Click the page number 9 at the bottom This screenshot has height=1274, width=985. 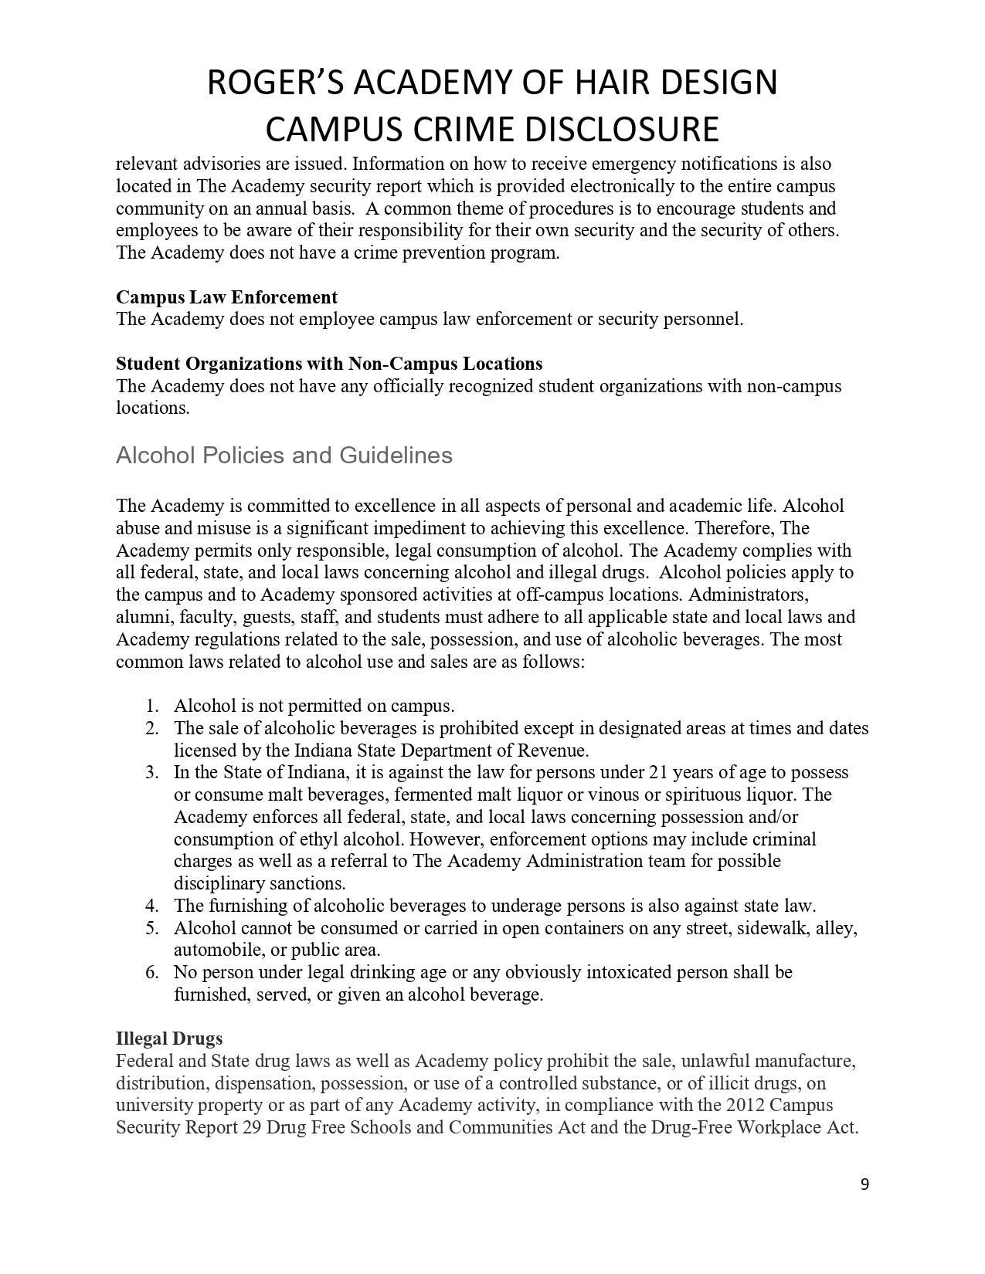[x=864, y=1184]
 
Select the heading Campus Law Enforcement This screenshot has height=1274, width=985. [x=226, y=297]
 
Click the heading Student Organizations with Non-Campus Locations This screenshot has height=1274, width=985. [x=329, y=364]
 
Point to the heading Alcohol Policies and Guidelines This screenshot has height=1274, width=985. [x=284, y=456]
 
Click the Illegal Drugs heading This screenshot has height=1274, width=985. [x=169, y=1039]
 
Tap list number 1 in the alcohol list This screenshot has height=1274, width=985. [x=152, y=706]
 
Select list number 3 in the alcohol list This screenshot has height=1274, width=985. [x=152, y=772]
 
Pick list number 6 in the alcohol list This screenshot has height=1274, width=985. [x=152, y=972]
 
